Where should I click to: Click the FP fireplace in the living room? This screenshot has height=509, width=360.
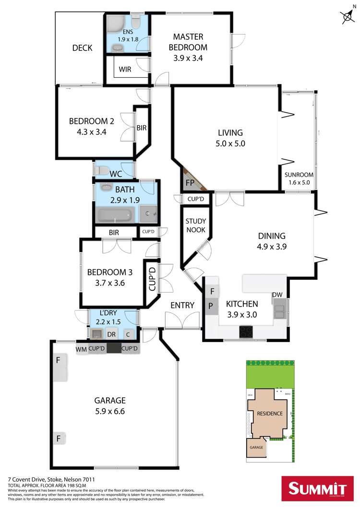pos(190,182)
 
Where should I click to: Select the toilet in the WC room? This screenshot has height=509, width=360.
pos(102,170)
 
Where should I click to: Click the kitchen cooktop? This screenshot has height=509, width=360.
pos(247,331)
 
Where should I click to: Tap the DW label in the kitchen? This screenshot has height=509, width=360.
pos(276,295)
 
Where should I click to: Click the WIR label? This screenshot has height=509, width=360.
pos(125,69)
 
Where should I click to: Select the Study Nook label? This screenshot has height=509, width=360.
pos(195,225)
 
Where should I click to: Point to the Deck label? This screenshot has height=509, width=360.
pos(82,47)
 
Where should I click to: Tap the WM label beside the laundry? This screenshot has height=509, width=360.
pos(81,349)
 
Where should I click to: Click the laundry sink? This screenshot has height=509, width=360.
pos(96,333)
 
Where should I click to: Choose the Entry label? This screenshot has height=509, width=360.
pos(182,305)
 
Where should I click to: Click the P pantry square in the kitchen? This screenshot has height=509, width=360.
pos(210,305)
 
